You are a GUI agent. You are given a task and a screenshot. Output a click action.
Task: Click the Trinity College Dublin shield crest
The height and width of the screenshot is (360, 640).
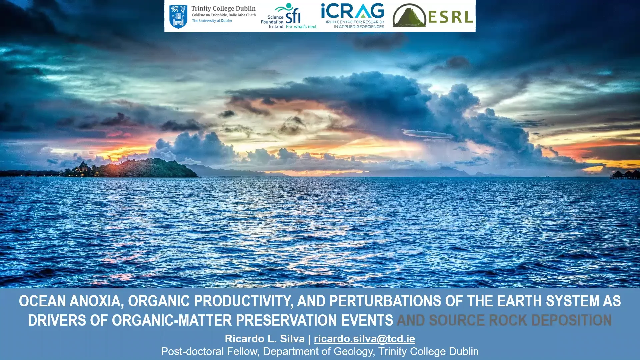coord(178,16)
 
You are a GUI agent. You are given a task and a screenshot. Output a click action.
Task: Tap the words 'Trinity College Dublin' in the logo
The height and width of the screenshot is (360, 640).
coord(223,9)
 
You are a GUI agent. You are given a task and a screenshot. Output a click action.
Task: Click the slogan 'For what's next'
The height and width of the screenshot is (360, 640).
coord(301,27)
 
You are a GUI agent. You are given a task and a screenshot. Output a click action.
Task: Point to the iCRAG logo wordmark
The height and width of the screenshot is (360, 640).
coord(352,11)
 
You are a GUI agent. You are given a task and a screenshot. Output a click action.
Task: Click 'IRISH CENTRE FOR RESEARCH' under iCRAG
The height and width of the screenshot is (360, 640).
coord(355,22)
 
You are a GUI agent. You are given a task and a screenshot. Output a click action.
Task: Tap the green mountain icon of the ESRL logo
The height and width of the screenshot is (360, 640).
coord(409,16)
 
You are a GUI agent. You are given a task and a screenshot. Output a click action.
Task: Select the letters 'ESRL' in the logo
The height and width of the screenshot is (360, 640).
coord(450,17)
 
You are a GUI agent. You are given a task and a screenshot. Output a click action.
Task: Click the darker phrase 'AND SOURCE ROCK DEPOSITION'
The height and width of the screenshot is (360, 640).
coord(504,320)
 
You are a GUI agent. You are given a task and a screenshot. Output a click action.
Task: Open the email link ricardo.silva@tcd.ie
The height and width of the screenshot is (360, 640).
coord(364,339)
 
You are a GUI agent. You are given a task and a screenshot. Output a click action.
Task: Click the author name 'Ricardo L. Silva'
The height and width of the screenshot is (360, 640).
coord(265,339)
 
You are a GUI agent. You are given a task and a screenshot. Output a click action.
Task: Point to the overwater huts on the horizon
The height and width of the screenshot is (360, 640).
coord(624,174)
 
